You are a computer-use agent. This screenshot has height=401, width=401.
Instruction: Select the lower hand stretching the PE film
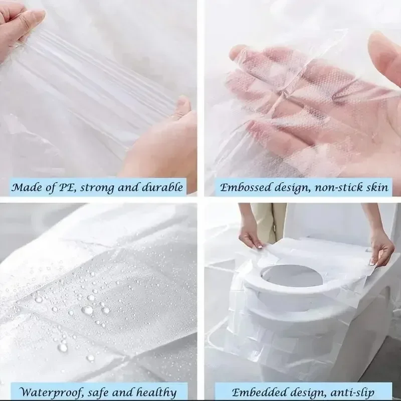pyautogui.click(x=165, y=140)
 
